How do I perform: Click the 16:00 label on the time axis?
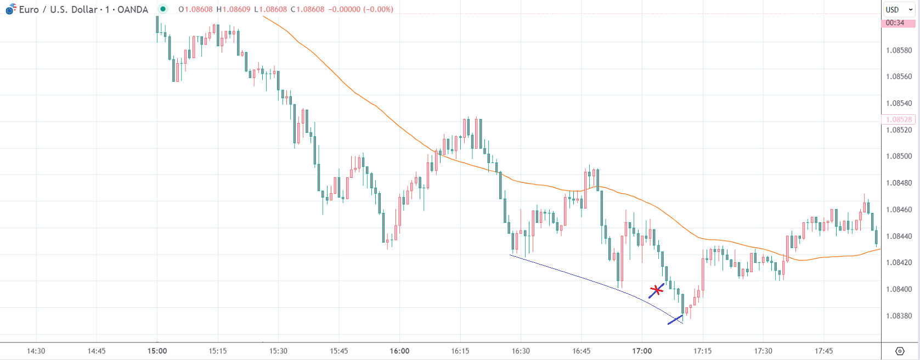click(x=399, y=351)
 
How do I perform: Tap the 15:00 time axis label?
click(x=157, y=351)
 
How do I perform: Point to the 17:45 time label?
click(x=823, y=351)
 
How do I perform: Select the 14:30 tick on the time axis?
click(x=36, y=351)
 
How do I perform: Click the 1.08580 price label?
click(x=899, y=50)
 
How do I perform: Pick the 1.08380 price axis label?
click(x=899, y=316)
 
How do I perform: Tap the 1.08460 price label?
click(x=899, y=210)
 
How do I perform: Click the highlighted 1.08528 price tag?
click(x=899, y=120)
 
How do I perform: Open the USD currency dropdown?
click(x=899, y=9)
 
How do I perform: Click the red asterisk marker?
click(x=656, y=290)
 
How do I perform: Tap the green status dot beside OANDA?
click(x=163, y=9)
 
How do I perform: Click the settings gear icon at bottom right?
click(x=900, y=351)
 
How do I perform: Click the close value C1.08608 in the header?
click(x=308, y=9)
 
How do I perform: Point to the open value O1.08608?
click(x=195, y=9)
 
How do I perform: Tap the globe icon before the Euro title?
click(x=10, y=9)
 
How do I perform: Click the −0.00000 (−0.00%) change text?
click(x=360, y=9)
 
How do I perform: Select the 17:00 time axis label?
click(x=642, y=351)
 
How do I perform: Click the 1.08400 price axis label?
click(x=899, y=289)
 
